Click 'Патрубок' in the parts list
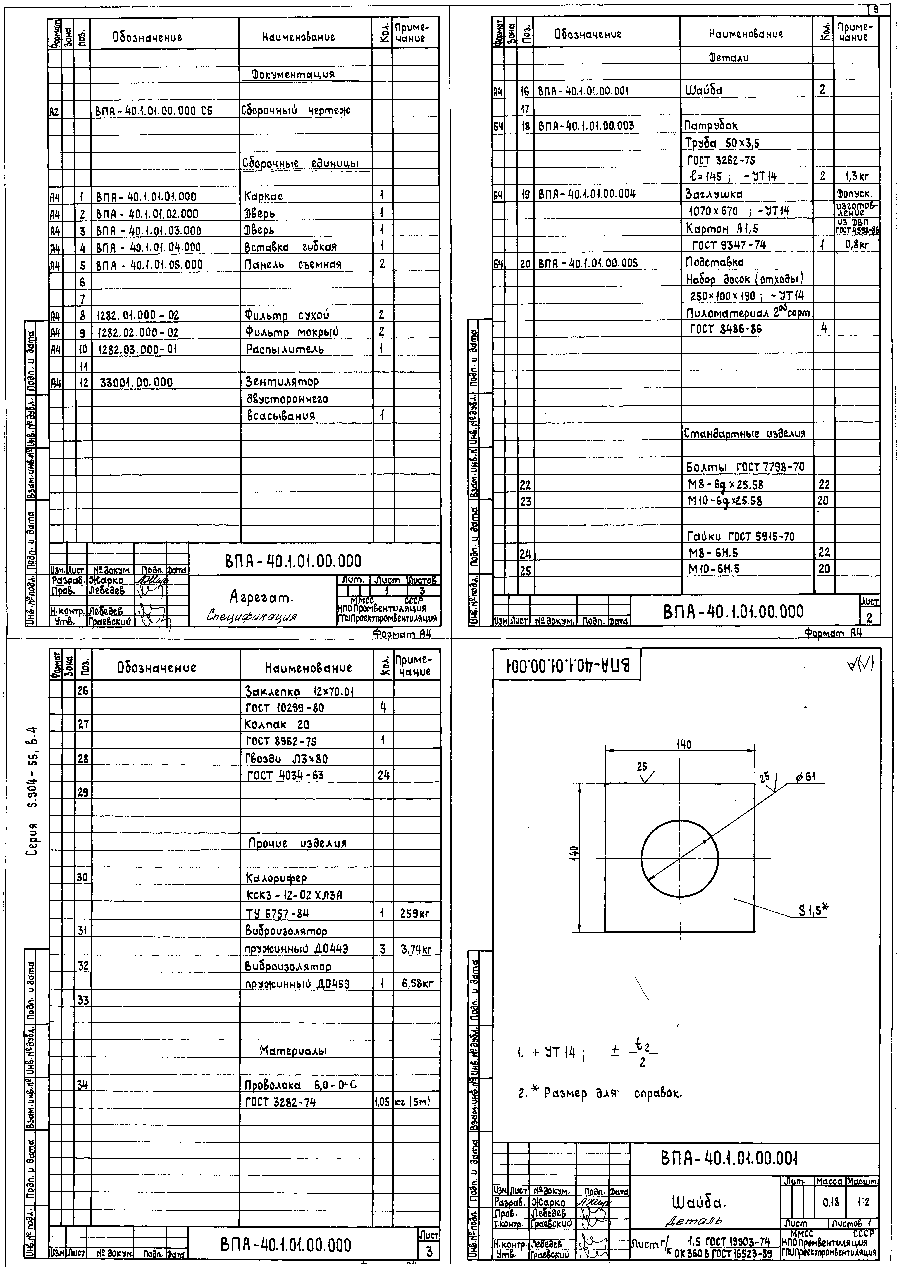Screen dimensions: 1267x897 (711, 126)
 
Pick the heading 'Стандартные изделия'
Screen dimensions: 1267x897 (745, 433)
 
